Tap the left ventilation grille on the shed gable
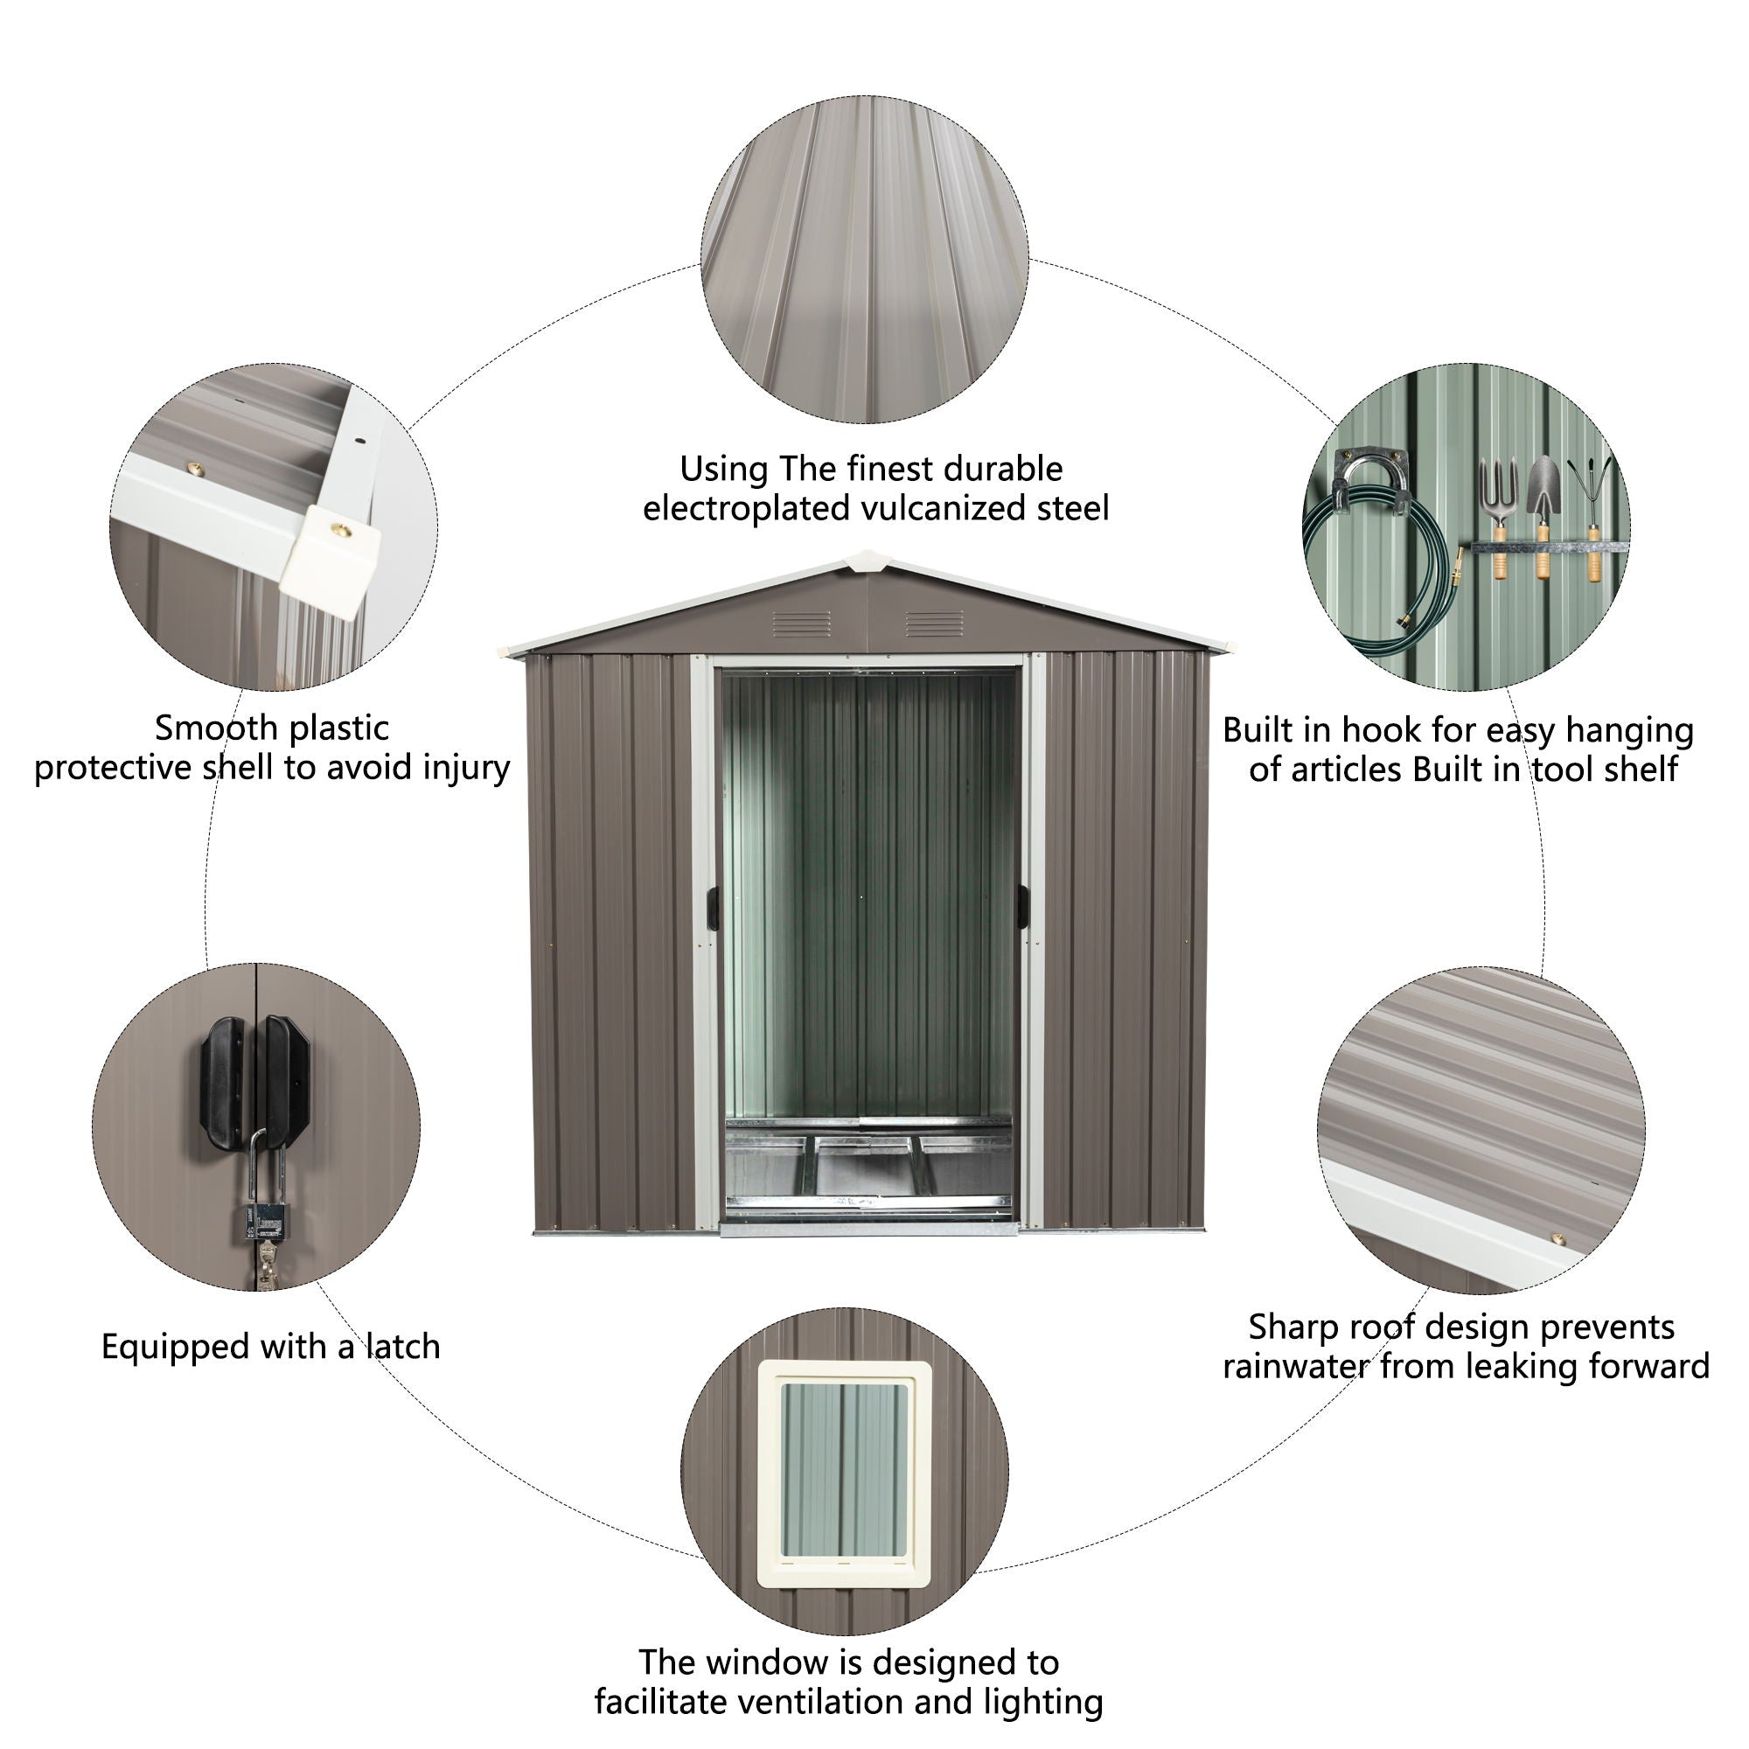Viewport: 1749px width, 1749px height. (801, 624)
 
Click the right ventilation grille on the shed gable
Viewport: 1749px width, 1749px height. (934, 624)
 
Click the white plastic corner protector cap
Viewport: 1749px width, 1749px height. (331, 549)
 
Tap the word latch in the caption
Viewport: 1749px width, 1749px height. (403, 1346)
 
